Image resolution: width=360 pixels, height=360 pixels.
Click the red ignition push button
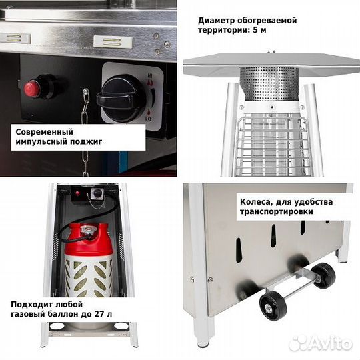[x=33, y=89]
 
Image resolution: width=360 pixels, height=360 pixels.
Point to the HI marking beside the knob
[x=150, y=76]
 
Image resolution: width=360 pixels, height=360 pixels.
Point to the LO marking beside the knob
[x=148, y=119]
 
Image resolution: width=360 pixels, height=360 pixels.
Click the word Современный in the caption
[x=44, y=132]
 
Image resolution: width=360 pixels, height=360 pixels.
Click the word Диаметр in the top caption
[x=216, y=21]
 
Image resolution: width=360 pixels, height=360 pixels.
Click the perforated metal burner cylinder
[x=269, y=85]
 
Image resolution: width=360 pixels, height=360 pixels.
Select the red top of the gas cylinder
[x=88, y=239]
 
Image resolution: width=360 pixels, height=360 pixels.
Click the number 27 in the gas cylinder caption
[x=99, y=314]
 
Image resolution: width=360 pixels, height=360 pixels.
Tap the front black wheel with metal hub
[x=273, y=305]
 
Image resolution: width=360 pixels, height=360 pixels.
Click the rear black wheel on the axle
[x=323, y=275]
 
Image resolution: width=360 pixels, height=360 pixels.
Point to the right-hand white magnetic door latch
[x=113, y=42]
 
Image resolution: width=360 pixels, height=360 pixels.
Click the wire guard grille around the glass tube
[x=272, y=146]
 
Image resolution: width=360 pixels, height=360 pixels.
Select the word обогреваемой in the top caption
[x=267, y=21]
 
